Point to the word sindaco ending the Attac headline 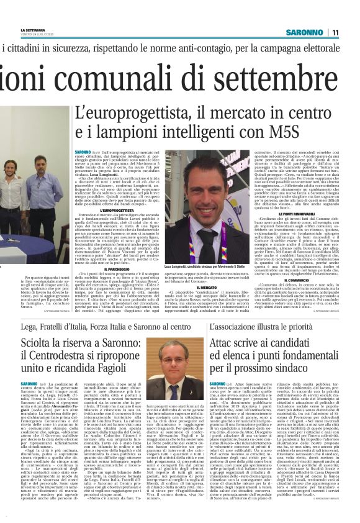tap(309, 375)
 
